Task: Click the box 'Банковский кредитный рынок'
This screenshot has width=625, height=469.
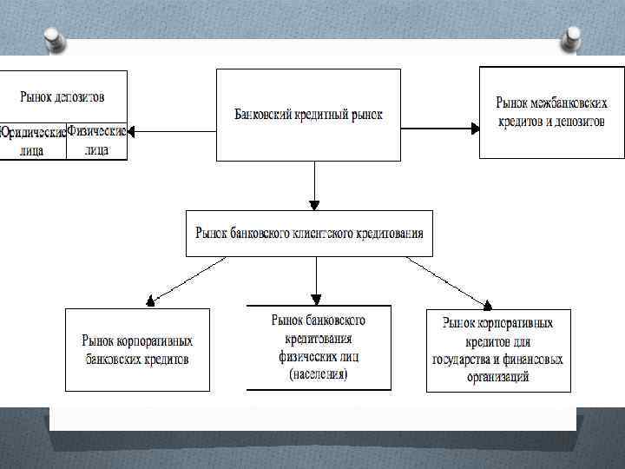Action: (x=308, y=115)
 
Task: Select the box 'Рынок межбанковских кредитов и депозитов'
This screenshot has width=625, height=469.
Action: (x=551, y=112)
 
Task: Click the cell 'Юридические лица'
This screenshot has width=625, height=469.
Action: (x=33, y=141)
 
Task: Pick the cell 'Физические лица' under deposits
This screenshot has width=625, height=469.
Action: (x=96, y=141)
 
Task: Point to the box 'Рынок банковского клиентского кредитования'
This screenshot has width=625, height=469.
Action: (x=309, y=233)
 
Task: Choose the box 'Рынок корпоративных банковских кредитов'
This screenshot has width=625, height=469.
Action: (x=137, y=350)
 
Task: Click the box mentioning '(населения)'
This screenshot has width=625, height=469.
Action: (x=319, y=347)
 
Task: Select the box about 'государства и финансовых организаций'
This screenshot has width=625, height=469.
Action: (x=498, y=350)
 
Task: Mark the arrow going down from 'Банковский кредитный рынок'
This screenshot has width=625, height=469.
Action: (x=314, y=184)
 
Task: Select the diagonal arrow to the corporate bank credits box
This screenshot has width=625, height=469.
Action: (x=182, y=280)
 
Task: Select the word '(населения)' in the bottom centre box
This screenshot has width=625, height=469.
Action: (x=319, y=374)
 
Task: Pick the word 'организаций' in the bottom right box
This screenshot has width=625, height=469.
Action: (x=497, y=377)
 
